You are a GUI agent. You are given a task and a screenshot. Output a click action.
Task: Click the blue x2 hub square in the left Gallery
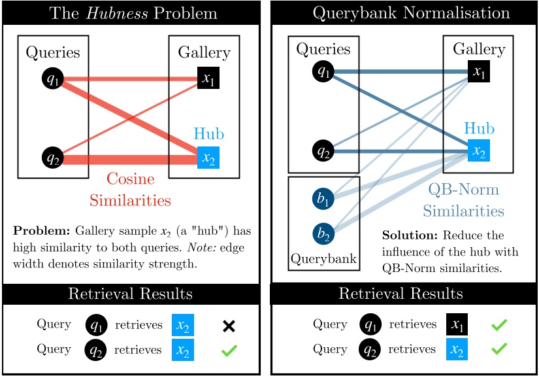coord(208,158)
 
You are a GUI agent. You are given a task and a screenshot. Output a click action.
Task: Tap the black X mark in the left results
coord(229,326)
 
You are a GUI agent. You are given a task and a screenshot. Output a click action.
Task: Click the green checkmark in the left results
coord(229,350)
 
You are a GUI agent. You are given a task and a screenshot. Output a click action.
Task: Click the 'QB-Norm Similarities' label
coord(463,199)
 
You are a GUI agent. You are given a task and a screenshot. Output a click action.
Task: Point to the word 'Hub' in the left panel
coord(208,134)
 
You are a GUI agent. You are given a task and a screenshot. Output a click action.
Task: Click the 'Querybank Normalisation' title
coord(402,13)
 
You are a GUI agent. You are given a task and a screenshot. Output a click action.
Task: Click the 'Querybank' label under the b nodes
coord(323,259)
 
